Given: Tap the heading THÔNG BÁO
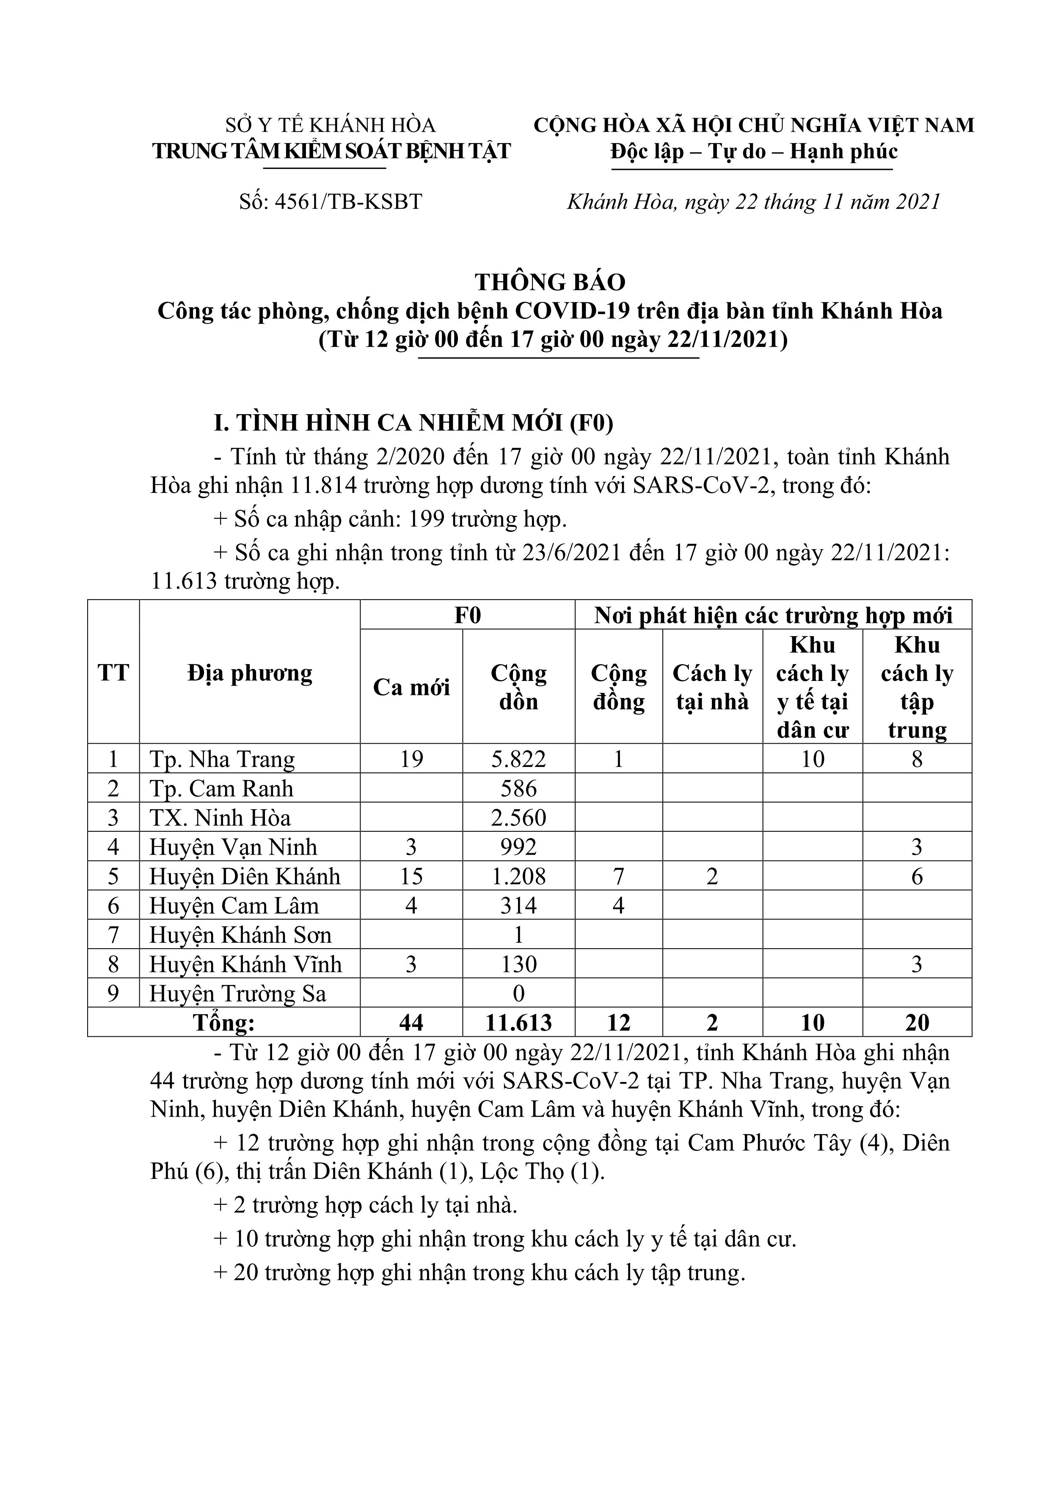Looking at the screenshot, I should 550,282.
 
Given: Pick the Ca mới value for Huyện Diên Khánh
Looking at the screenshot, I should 411,876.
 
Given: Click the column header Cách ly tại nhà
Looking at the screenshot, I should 712,687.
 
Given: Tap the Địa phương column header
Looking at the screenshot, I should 250,673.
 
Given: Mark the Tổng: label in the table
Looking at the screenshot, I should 224,1023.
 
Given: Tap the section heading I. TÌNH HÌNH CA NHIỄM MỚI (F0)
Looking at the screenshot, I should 413,423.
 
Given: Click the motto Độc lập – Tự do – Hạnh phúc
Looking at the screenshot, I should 754,152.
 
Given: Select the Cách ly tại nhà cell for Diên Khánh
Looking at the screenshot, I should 712,876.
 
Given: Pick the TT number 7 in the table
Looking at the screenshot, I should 113,935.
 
